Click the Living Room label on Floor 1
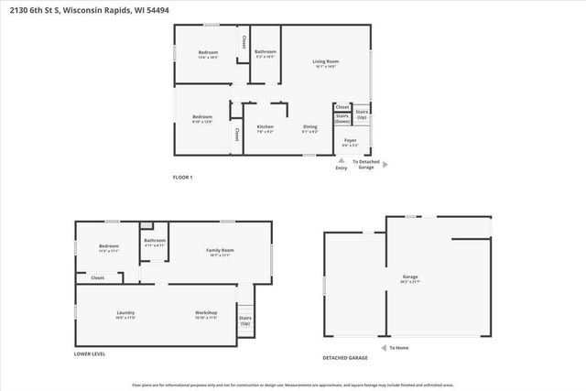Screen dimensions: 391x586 pos(325,64)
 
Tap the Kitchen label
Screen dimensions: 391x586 pos(265,129)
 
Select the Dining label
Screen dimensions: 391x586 pos(310,129)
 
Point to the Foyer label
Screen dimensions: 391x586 pos(350,143)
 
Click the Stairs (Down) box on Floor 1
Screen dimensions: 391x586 pos(342,118)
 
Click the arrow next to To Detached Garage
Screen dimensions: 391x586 pos(385,165)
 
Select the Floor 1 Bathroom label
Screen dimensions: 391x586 pos(266,54)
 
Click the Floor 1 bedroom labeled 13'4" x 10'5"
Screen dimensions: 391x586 pos(208,55)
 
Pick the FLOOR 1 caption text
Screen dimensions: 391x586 pos(183,177)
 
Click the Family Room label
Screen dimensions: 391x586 pos(220,253)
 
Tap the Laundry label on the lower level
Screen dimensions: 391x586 pos(125,315)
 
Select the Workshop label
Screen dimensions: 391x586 pos(206,315)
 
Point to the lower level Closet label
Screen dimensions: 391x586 pos(97,277)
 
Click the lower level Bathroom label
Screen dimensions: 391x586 pos(155,243)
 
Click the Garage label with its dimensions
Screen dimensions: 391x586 pos(410,278)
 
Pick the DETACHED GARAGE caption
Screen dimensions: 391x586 pos(345,357)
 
